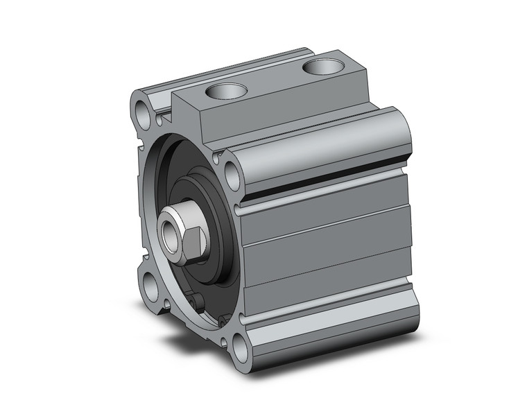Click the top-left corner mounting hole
point(144,110)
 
